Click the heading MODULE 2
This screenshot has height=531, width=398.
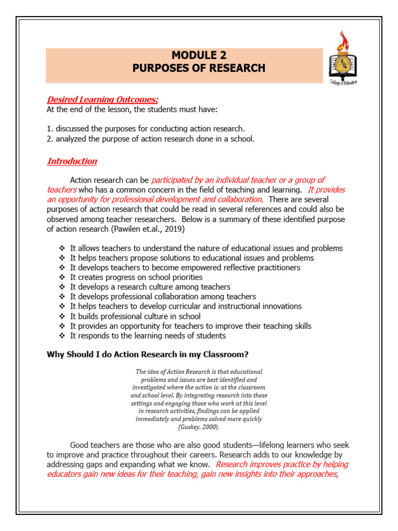199,55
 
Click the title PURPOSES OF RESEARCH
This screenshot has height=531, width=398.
199,68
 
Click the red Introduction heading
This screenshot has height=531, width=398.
72,161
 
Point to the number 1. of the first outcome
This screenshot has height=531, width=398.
50,129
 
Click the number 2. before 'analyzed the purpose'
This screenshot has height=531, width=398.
50,138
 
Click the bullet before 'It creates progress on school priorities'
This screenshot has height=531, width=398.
62,277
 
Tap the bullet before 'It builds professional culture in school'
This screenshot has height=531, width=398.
62,316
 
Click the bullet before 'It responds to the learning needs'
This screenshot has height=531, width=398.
62,336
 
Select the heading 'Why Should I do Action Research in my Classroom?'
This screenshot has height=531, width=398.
148,355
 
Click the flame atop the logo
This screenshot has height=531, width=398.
343,39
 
